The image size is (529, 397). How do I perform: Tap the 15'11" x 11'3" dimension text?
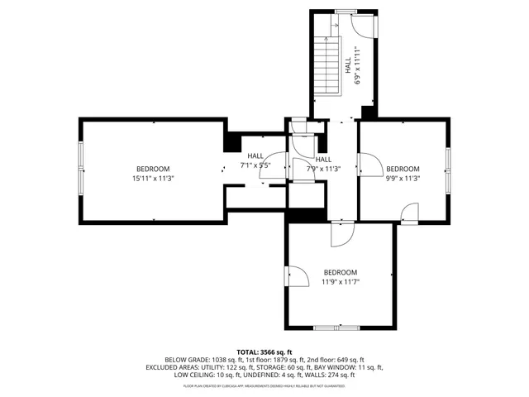point(153,178)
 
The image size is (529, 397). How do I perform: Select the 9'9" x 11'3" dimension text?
point(403,178)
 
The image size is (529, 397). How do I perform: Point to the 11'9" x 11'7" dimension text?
point(341,282)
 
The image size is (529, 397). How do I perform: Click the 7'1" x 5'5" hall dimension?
point(255,165)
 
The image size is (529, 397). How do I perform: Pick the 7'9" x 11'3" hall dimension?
point(323,169)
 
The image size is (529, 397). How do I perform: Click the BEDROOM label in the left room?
point(153,169)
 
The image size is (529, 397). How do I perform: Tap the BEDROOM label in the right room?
point(403,169)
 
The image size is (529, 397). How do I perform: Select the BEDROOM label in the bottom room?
point(341,273)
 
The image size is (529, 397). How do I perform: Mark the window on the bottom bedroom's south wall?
point(337,328)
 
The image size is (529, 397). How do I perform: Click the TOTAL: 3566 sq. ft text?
point(264,352)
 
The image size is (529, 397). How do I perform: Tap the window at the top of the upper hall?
point(346,11)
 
